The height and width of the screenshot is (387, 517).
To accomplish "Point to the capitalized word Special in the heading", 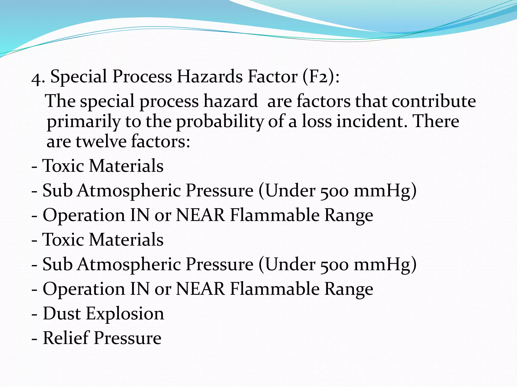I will (x=79, y=77).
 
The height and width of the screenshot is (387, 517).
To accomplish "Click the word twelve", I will (x=101, y=141).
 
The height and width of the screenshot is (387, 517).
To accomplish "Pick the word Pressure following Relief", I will (x=128, y=338).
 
